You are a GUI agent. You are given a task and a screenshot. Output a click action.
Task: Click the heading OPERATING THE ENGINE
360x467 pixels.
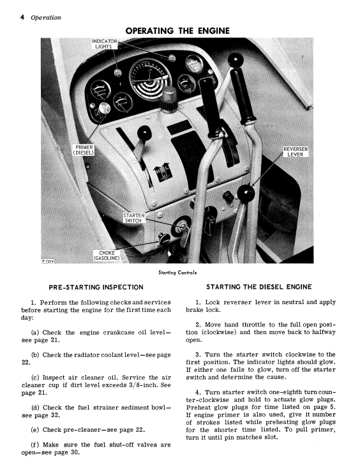click(177, 31)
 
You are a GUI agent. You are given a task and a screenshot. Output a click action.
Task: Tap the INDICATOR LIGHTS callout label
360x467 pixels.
click(104, 44)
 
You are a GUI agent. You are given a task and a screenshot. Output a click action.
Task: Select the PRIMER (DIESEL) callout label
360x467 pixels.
click(84, 149)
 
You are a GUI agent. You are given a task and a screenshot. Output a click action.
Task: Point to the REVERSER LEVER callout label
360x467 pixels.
click(295, 151)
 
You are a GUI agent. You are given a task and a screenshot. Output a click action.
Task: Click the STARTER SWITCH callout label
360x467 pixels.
click(134, 218)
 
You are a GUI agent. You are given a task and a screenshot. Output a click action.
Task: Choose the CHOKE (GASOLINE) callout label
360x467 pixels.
click(107, 256)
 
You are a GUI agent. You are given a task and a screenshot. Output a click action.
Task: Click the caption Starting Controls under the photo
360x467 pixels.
click(177, 273)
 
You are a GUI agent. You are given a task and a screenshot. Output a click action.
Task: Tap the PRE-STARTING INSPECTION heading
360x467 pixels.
click(96, 287)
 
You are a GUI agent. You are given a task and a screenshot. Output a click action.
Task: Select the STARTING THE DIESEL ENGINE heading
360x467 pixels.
click(259, 287)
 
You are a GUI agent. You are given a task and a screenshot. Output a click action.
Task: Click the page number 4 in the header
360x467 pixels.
click(22, 17)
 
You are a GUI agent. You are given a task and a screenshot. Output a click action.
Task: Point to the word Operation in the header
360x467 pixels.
click(46, 18)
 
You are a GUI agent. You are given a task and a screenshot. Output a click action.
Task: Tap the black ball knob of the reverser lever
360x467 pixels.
click(246, 194)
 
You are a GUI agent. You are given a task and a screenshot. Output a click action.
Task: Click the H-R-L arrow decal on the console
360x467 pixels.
click(161, 172)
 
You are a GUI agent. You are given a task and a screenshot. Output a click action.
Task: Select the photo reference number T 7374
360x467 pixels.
click(47, 261)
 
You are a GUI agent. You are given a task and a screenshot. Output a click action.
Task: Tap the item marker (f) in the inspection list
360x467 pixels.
click(35, 445)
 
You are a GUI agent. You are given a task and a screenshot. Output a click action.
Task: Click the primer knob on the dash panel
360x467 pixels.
click(105, 109)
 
